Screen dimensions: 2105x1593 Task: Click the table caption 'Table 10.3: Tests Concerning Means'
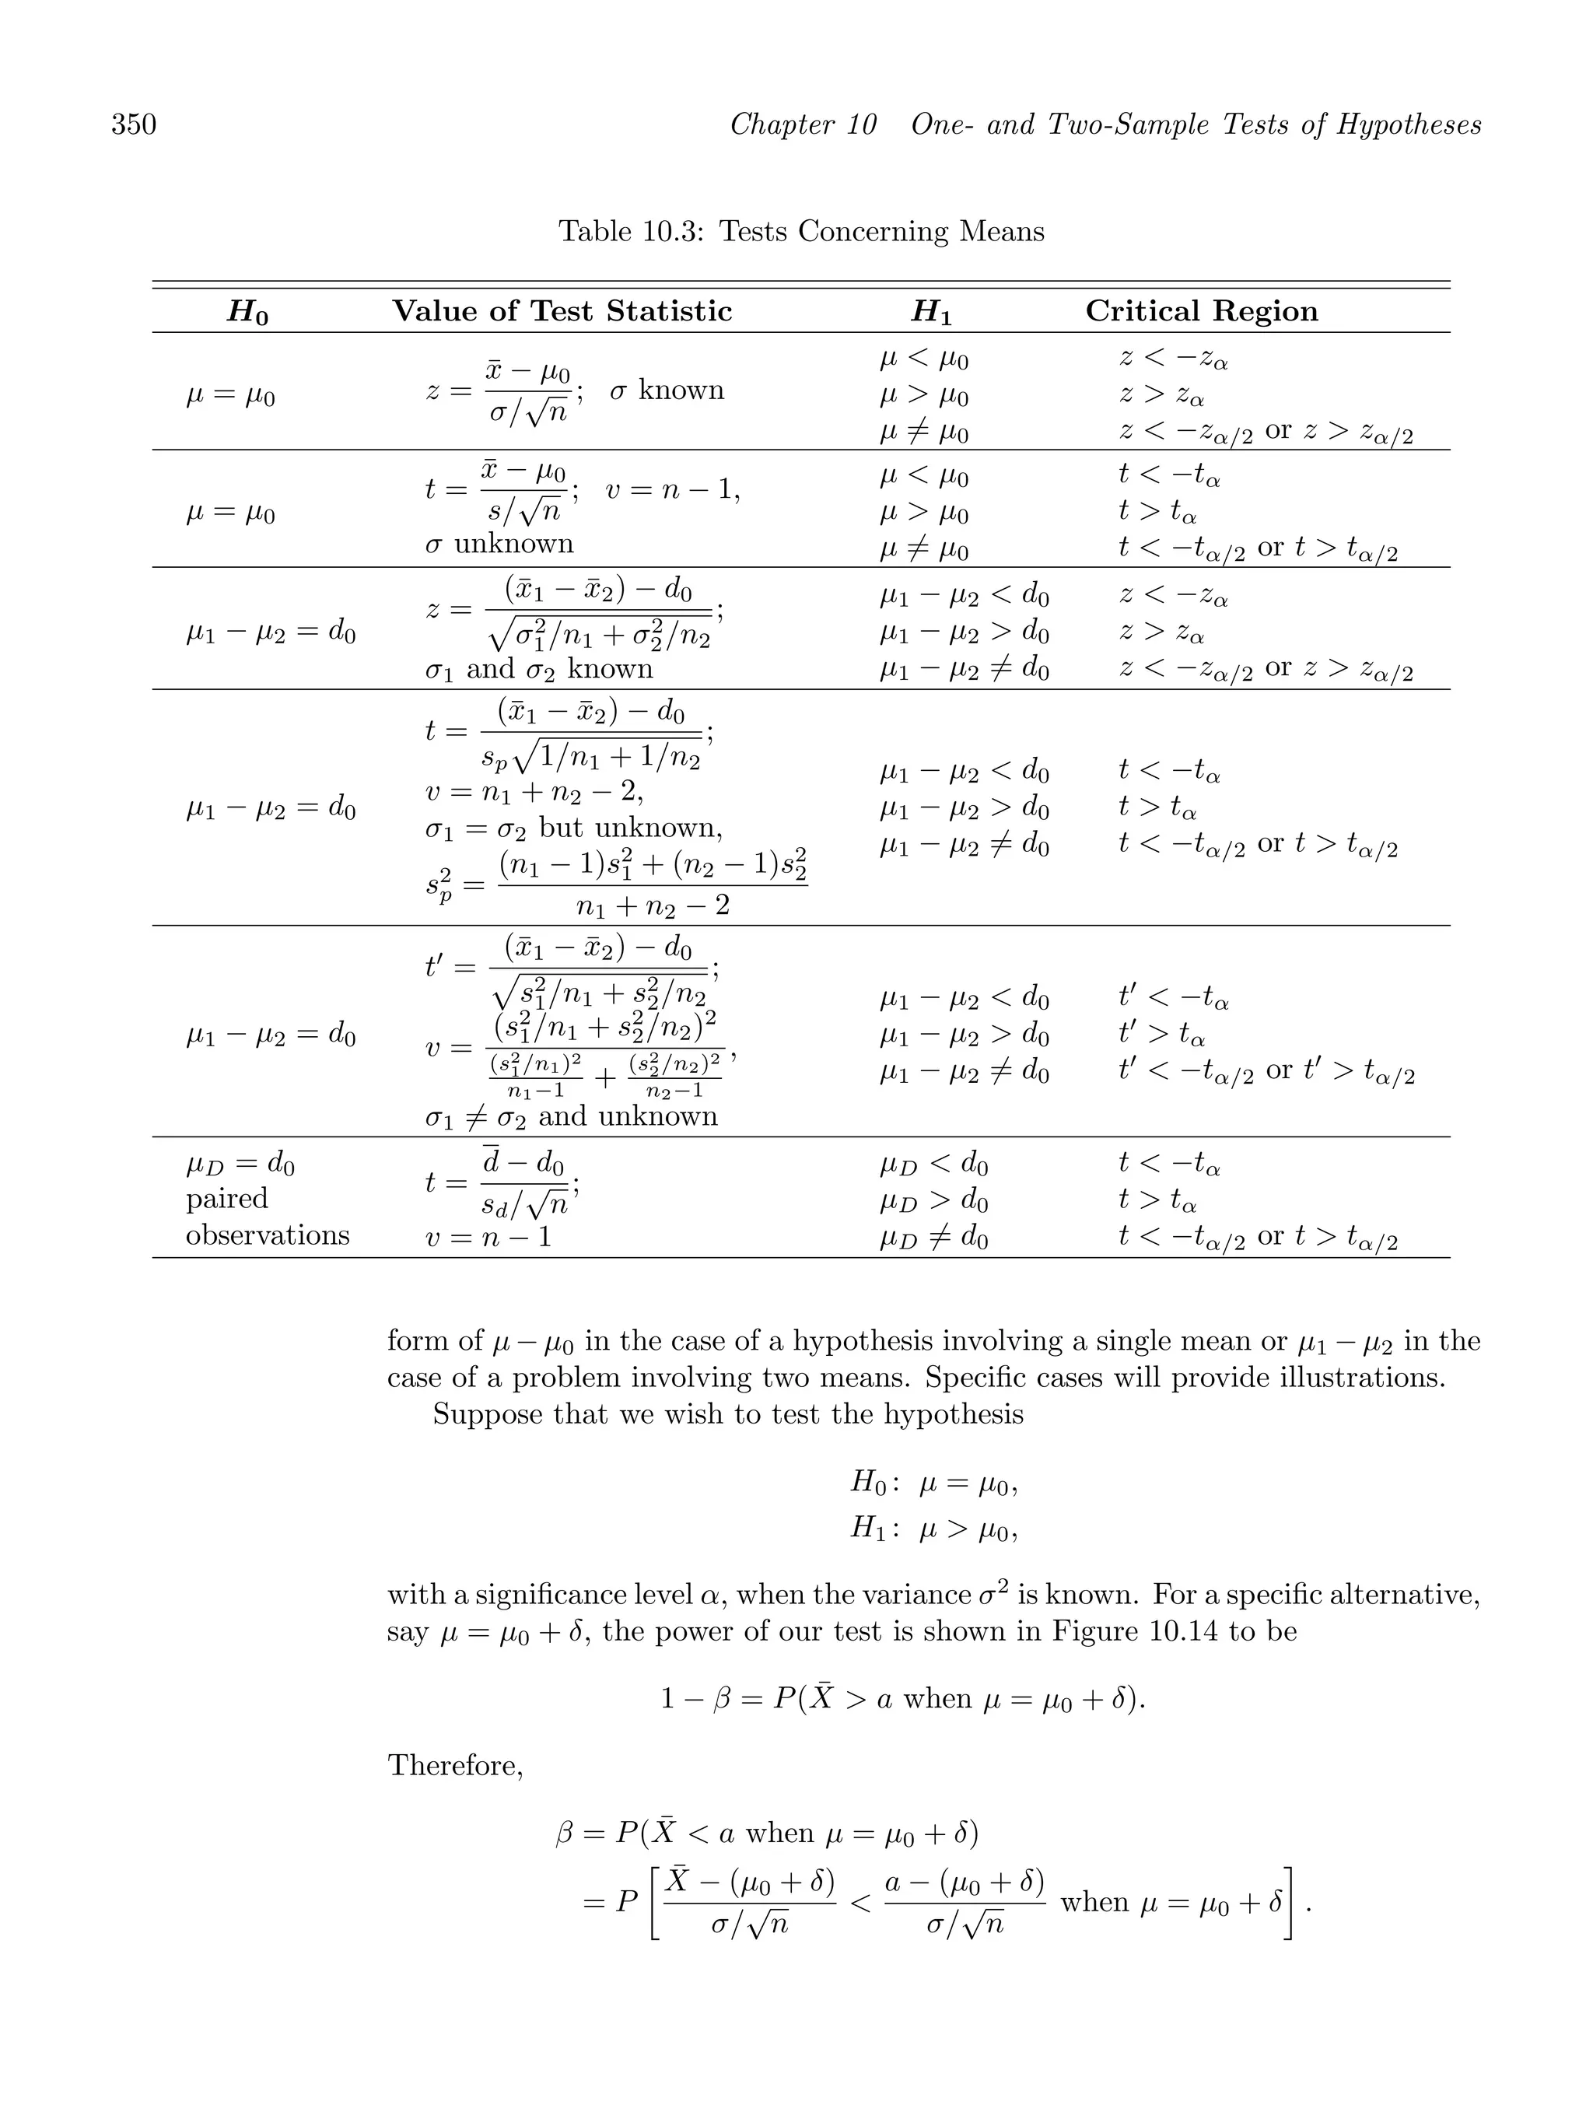[x=800, y=231]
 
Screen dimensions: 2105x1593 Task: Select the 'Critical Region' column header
[x=1201, y=311]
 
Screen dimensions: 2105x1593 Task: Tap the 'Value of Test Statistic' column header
[x=562, y=311]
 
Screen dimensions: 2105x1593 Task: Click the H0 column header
[x=247, y=312]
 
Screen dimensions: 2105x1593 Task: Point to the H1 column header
[x=931, y=312]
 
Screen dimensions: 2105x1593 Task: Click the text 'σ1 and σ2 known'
[x=538, y=669]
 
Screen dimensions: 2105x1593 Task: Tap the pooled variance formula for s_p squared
[x=617, y=883]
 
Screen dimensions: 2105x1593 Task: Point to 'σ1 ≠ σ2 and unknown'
[x=571, y=1116]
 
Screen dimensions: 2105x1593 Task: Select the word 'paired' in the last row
[x=226, y=1198]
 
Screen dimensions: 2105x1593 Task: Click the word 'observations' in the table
[x=268, y=1235]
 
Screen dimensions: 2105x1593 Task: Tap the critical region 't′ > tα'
[x=1161, y=1035]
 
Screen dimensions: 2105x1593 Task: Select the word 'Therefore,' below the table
[x=455, y=1766]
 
